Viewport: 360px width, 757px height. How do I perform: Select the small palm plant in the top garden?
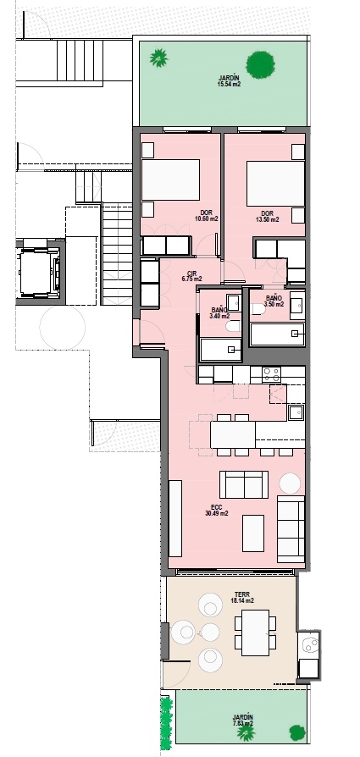pos(158,58)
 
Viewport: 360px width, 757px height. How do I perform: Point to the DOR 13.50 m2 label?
pos(267,216)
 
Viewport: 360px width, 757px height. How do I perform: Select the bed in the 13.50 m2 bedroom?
pos(275,179)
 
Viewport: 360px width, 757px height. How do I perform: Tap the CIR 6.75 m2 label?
pos(191,275)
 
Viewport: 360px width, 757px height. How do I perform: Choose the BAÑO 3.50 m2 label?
pos(274,301)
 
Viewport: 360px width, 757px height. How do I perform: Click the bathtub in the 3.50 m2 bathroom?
pos(275,334)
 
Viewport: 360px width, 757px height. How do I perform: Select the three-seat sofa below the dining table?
pos(245,484)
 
